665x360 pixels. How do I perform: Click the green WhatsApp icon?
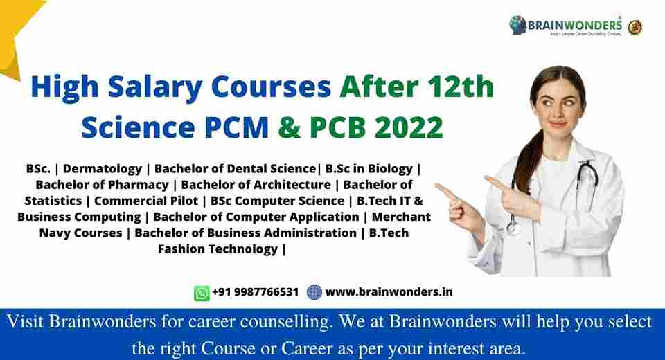(202, 293)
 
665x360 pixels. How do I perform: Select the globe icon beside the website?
(314, 292)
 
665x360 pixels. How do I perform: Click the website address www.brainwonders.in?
(389, 292)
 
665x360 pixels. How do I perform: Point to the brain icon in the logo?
(517, 26)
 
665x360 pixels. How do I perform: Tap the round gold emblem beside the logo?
(635, 26)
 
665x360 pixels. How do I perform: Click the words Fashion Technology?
(218, 249)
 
